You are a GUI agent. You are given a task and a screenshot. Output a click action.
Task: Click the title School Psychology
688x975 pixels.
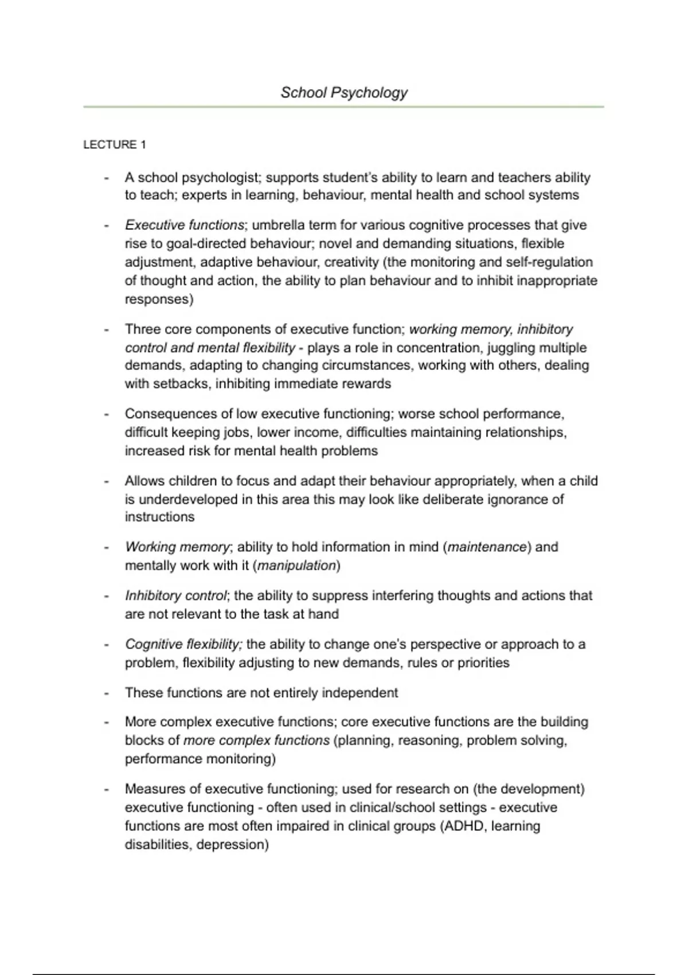pos(344,92)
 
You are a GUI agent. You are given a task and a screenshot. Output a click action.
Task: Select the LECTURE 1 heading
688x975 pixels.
pos(114,145)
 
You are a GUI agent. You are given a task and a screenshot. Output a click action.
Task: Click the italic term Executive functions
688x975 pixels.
pos(185,225)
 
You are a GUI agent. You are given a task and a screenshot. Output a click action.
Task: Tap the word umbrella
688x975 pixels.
pos(279,225)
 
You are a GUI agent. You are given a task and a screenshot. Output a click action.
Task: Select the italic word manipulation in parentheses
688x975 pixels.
pos(296,565)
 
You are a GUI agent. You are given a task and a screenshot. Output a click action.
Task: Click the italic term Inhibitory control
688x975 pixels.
pos(176,596)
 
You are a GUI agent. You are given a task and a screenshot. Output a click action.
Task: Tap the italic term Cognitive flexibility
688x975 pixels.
pos(183,645)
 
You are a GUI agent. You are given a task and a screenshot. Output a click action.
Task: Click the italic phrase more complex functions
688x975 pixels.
pos(256,740)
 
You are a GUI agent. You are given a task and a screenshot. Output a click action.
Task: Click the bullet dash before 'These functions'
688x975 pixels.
pos(107,693)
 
